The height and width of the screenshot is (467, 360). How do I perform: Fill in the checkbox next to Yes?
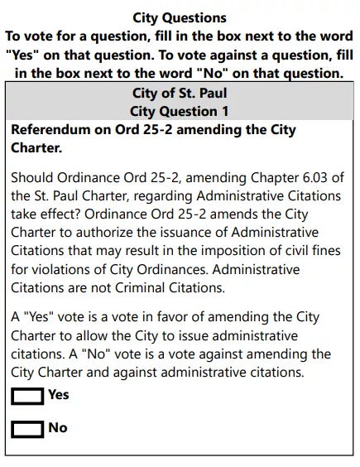pos(27,397)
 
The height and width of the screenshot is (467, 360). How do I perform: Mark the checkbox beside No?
pos(27,429)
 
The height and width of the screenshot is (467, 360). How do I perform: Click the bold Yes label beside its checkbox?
pos(59,395)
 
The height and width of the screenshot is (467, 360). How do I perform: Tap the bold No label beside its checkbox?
pos(58,428)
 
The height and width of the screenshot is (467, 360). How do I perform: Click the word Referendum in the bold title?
pos(50,131)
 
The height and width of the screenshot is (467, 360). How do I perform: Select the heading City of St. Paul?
pos(180,93)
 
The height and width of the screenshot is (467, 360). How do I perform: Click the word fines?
pos(310,251)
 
